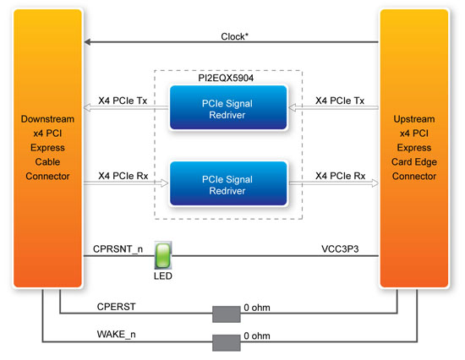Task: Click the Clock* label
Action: point(234,36)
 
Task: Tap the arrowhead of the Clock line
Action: point(87,41)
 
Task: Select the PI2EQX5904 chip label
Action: point(226,78)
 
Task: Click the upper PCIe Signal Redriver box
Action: point(228,107)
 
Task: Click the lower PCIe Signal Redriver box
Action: point(228,183)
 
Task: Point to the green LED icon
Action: point(163,255)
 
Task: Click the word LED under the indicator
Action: point(163,276)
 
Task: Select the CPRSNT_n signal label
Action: point(118,249)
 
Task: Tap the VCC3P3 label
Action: point(340,248)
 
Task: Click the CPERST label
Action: point(117,307)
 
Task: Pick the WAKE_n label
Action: point(117,335)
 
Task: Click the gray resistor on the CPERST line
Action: point(227,314)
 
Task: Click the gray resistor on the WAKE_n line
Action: point(227,343)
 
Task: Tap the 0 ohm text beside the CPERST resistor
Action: point(257,308)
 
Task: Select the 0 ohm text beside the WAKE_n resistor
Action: point(257,336)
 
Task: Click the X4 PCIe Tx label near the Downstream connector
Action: point(123,101)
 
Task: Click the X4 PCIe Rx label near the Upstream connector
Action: point(340,176)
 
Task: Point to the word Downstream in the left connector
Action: point(47,119)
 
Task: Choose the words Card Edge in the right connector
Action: point(414,162)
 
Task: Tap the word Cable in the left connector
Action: point(47,162)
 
